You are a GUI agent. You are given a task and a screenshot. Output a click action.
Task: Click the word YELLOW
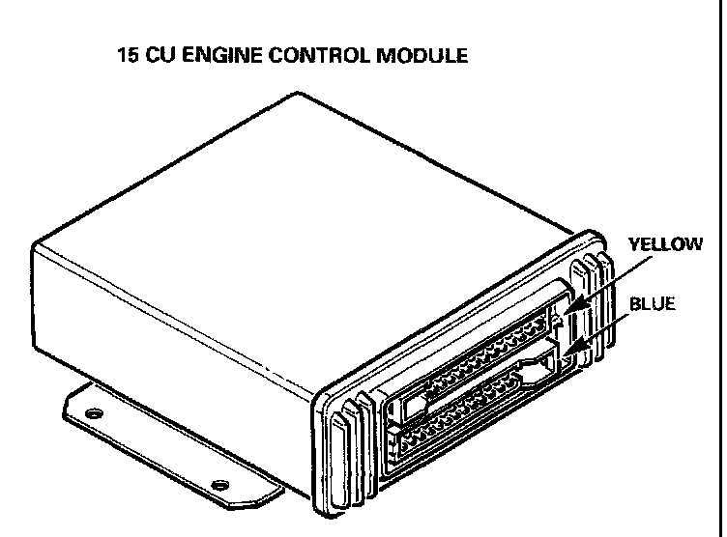[665, 244]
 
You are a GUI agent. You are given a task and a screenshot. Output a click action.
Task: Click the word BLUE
[652, 303]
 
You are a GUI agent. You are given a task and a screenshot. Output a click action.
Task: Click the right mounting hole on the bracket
[219, 483]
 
